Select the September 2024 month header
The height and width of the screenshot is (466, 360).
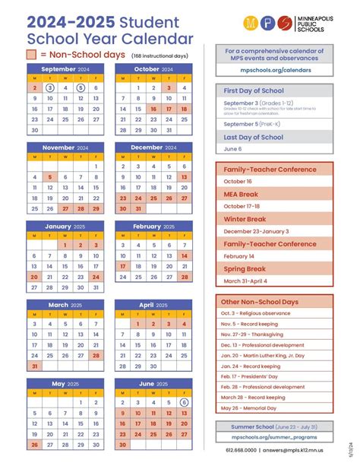point(64,68)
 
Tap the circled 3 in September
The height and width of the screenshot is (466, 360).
point(49,87)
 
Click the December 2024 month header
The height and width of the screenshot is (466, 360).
point(152,147)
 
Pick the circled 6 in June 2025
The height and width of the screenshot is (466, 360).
point(184,403)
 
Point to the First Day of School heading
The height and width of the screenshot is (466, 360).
point(254,90)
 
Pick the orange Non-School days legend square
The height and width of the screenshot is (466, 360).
point(31,55)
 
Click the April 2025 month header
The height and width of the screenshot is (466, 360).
point(152,305)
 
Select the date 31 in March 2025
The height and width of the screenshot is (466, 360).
point(34,366)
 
